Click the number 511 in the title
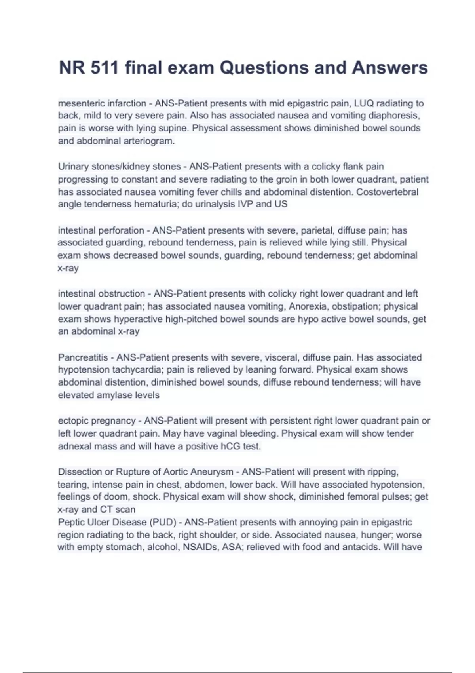(x=104, y=68)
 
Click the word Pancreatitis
(x=83, y=357)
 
